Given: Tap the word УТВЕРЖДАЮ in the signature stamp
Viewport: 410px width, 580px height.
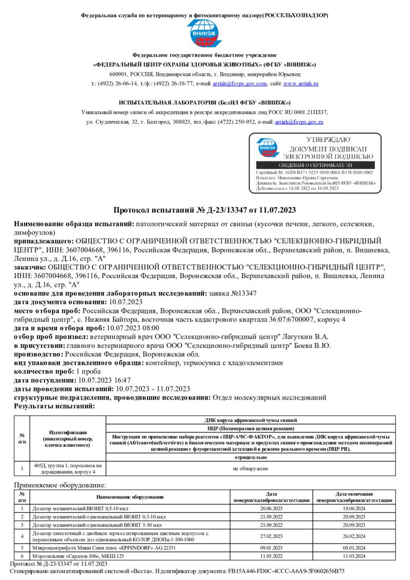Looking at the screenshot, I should [x=328, y=140].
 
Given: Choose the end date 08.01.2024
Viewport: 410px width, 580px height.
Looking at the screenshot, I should [x=350, y=548].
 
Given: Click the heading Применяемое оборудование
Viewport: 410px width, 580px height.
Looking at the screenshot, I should [x=60, y=485].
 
